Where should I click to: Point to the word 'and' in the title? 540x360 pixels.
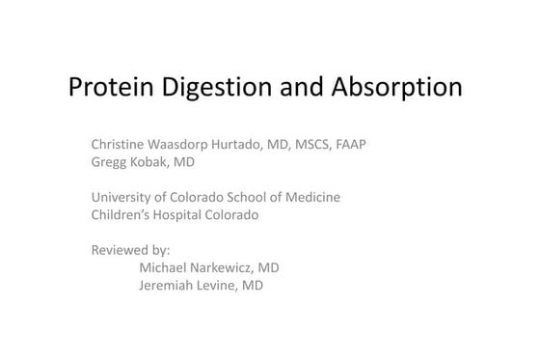tap(308, 89)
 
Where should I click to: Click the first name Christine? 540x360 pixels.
tap(118, 145)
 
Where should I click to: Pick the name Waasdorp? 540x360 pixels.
tap(185, 145)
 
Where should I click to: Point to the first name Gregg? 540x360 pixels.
tap(109, 162)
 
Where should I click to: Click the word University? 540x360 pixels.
tap(121, 197)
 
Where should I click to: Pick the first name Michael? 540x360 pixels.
tap(164, 267)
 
